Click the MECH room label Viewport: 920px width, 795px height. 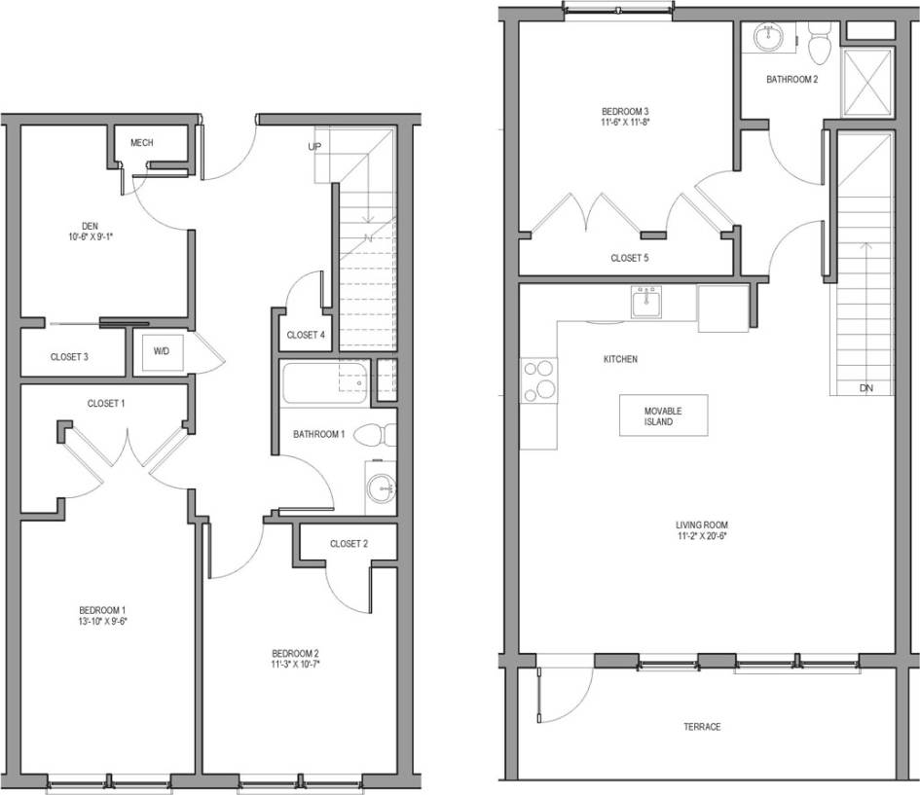point(142,143)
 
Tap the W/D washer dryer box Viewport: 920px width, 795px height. point(158,351)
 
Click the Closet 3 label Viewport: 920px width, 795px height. point(69,357)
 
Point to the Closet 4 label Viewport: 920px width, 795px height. point(306,335)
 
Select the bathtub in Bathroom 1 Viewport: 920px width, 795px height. point(324,382)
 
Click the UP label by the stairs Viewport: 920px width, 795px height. point(314,147)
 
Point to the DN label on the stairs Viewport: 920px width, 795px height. point(866,387)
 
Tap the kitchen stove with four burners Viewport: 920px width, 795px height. point(538,379)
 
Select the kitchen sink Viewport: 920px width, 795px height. point(647,304)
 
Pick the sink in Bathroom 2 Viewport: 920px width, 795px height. point(769,37)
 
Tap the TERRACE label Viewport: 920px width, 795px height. point(701,727)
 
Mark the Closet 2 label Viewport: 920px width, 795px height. point(349,543)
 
